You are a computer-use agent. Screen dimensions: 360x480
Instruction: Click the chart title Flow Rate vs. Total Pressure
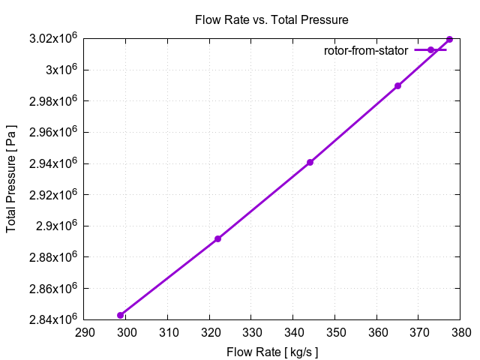pyautogui.click(x=271, y=19)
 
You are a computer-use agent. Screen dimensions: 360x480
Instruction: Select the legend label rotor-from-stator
pyautogui.click(x=366, y=51)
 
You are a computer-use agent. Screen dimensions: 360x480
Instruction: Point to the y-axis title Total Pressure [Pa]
pyautogui.click(x=12, y=179)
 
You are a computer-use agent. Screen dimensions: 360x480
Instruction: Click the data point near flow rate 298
pyautogui.click(x=120, y=315)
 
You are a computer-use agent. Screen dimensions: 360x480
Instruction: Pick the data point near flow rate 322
pyautogui.click(x=217, y=239)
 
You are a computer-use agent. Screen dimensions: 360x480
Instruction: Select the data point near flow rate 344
pyautogui.click(x=310, y=163)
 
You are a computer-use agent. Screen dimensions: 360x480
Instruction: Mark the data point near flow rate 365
pyautogui.click(x=397, y=86)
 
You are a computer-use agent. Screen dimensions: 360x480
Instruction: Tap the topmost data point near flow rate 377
pyautogui.click(x=449, y=39)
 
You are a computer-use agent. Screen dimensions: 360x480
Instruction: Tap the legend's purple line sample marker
pyautogui.click(x=431, y=50)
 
